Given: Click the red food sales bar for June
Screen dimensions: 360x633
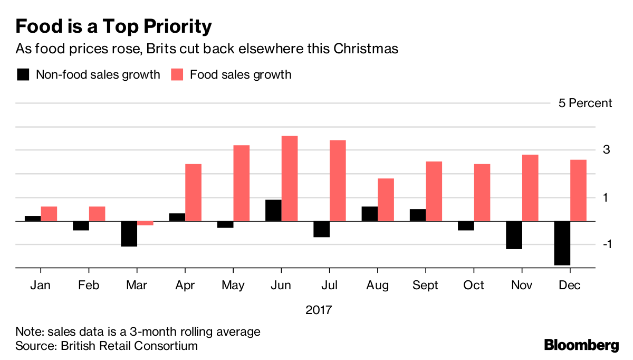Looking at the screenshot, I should [x=290, y=178].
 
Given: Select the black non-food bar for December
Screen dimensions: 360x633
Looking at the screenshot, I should [x=562, y=243].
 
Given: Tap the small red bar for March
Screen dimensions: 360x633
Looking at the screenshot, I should [x=145, y=223].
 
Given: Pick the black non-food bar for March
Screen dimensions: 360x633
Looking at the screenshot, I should [x=129, y=234].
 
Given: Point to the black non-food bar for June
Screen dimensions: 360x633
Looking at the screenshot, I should [x=273, y=211].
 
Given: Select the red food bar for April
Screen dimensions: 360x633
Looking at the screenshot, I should [x=193, y=193].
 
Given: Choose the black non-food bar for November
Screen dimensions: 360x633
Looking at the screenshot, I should [x=514, y=235].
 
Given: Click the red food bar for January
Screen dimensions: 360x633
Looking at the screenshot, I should [x=49, y=214].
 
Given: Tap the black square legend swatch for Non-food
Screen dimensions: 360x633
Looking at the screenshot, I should [x=23, y=74].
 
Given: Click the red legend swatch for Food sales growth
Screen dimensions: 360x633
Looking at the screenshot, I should [x=177, y=74].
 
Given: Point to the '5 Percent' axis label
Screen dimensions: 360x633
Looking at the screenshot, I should [x=585, y=103].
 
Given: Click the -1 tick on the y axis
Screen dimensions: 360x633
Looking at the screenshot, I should [x=607, y=244].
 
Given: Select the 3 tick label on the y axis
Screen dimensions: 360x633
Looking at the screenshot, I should [x=607, y=150].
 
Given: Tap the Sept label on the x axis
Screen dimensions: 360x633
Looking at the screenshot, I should [x=425, y=286].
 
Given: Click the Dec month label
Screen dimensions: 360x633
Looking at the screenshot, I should [x=570, y=286].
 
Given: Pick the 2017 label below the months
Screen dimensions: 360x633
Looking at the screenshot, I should [x=319, y=309].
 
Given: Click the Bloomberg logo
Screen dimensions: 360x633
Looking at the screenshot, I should [x=581, y=345].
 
